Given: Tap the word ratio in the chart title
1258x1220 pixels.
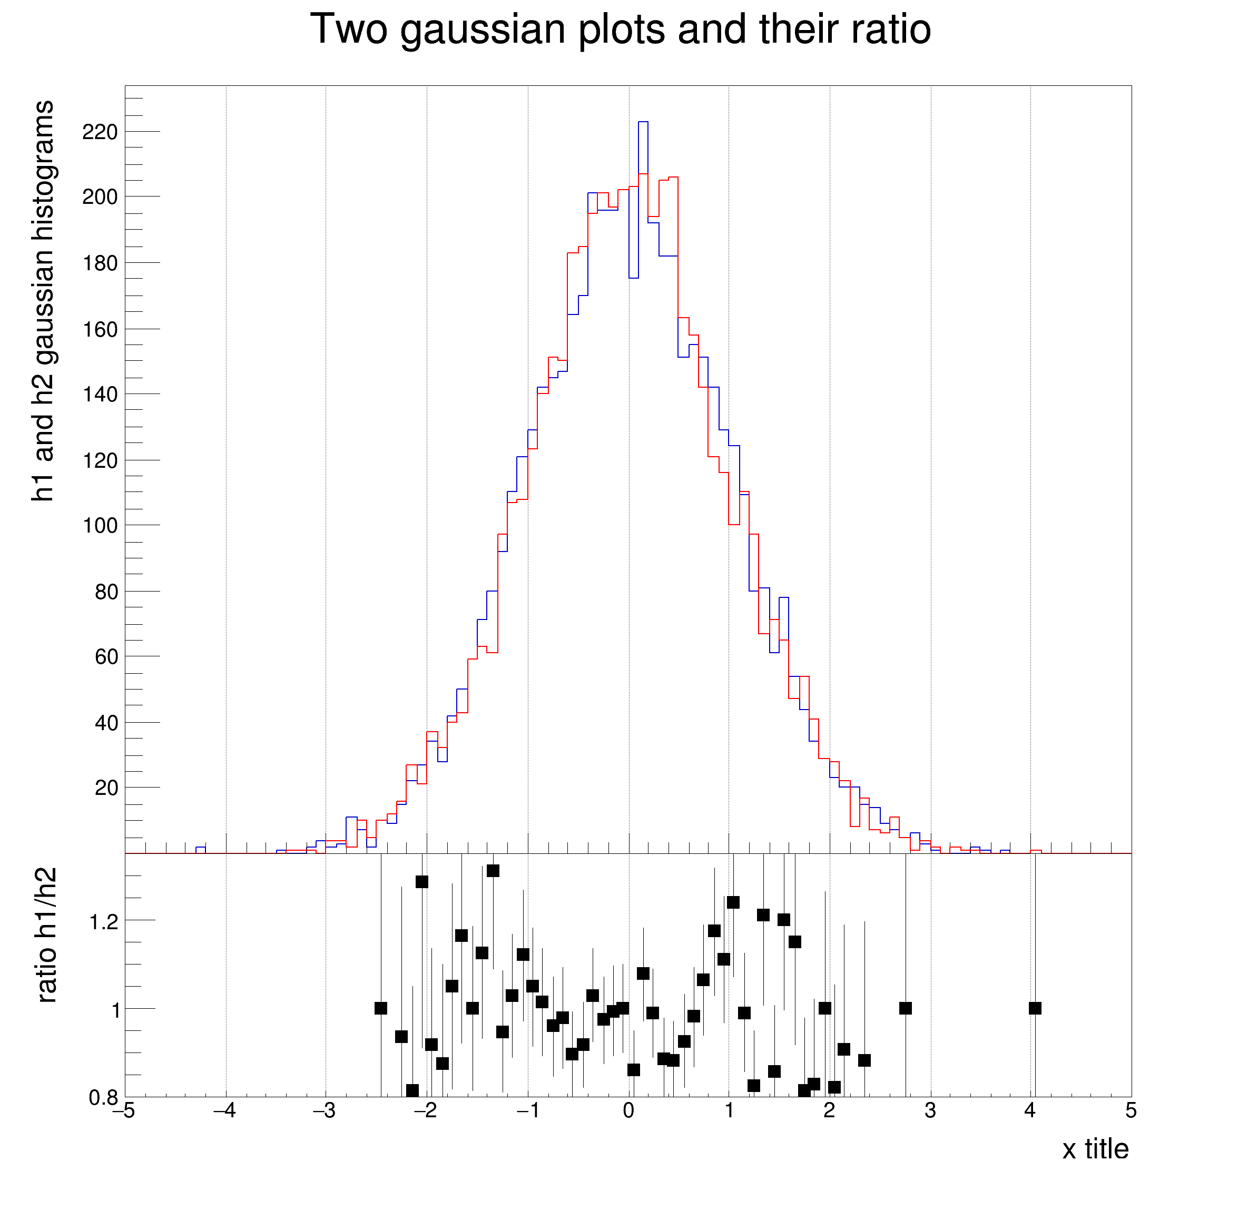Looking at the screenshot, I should [x=890, y=30].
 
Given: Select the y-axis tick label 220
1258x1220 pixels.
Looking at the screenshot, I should [x=100, y=132].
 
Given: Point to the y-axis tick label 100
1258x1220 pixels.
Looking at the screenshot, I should [x=100, y=526].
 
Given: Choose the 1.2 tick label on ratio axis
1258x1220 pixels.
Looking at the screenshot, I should [x=104, y=922].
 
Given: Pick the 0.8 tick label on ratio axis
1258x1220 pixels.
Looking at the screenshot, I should [x=104, y=1098].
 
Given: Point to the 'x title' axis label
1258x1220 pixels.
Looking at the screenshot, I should [x=1095, y=1149].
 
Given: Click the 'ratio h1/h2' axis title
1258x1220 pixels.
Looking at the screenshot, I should [x=46, y=935].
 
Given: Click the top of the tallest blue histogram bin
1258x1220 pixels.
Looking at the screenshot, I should [x=643, y=122].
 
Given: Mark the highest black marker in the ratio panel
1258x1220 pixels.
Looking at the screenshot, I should [x=493, y=871].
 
